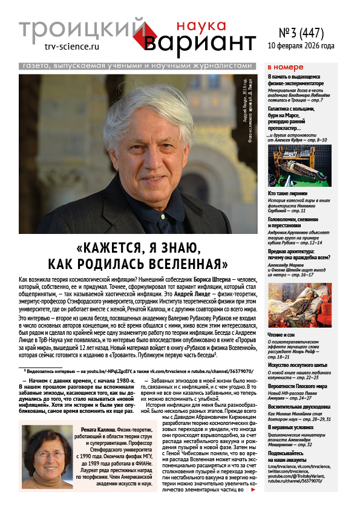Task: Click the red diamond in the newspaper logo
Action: point(155,33)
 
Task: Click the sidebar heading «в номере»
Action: point(285,66)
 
